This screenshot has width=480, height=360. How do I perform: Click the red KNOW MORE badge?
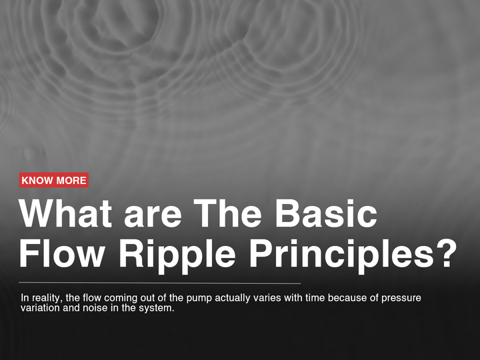[x=54, y=181]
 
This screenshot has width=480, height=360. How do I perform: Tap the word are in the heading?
[x=153, y=215]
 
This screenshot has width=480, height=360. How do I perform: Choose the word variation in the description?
[x=40, y=309]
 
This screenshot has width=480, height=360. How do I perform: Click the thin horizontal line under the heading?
[x=160, y=283]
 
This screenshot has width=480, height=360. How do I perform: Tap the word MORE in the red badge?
[x=71, y=181]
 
